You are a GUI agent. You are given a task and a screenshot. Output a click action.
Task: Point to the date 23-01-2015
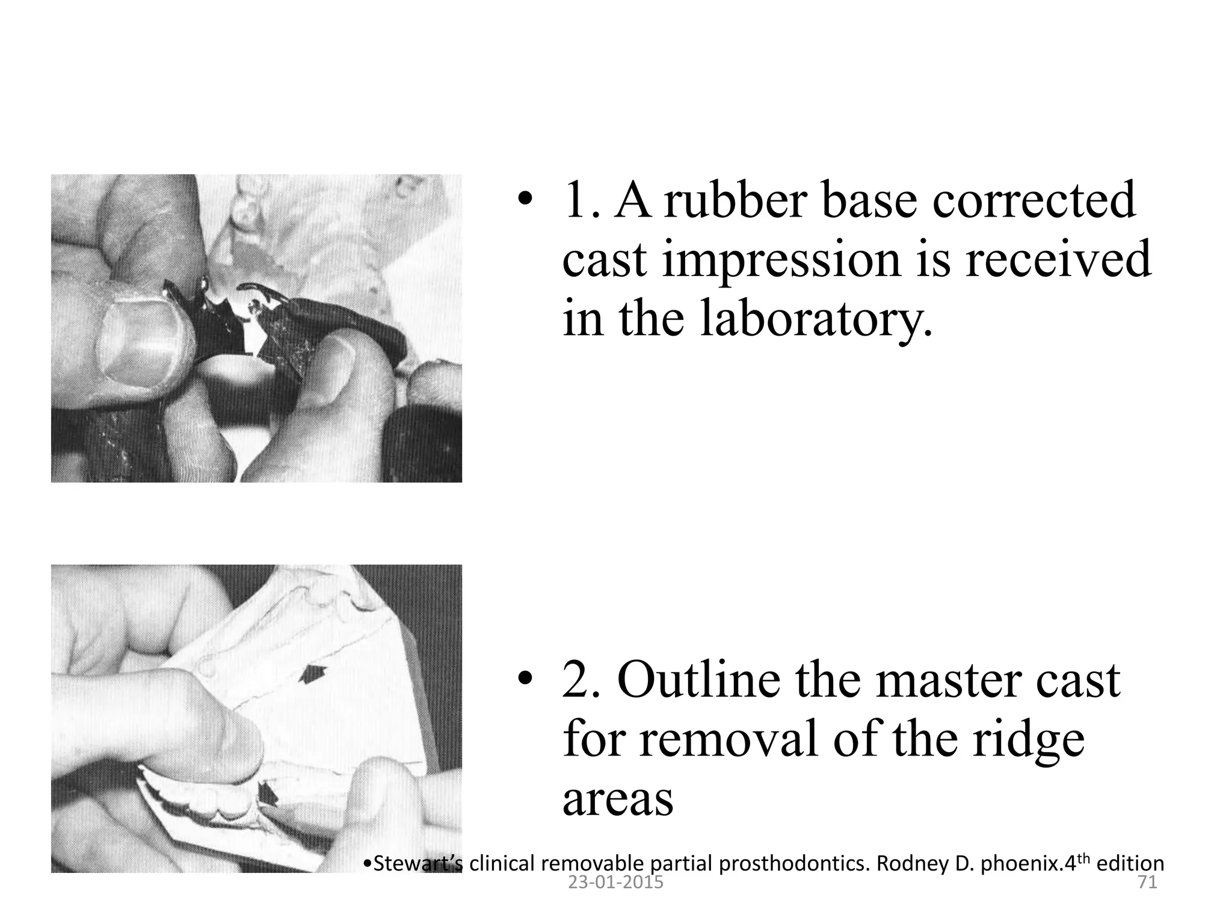[x=615, y=882]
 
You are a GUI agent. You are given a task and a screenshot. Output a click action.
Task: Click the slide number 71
[x=1146, y=882]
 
